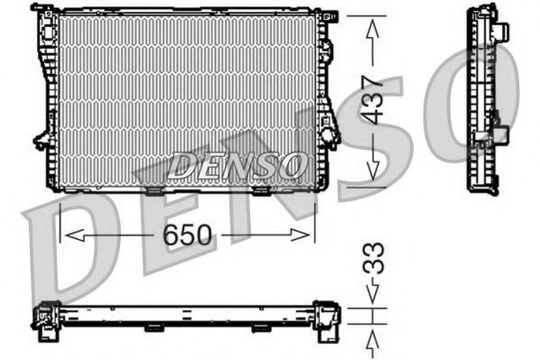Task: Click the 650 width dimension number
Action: point(187,235)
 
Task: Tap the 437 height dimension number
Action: point(375,98)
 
